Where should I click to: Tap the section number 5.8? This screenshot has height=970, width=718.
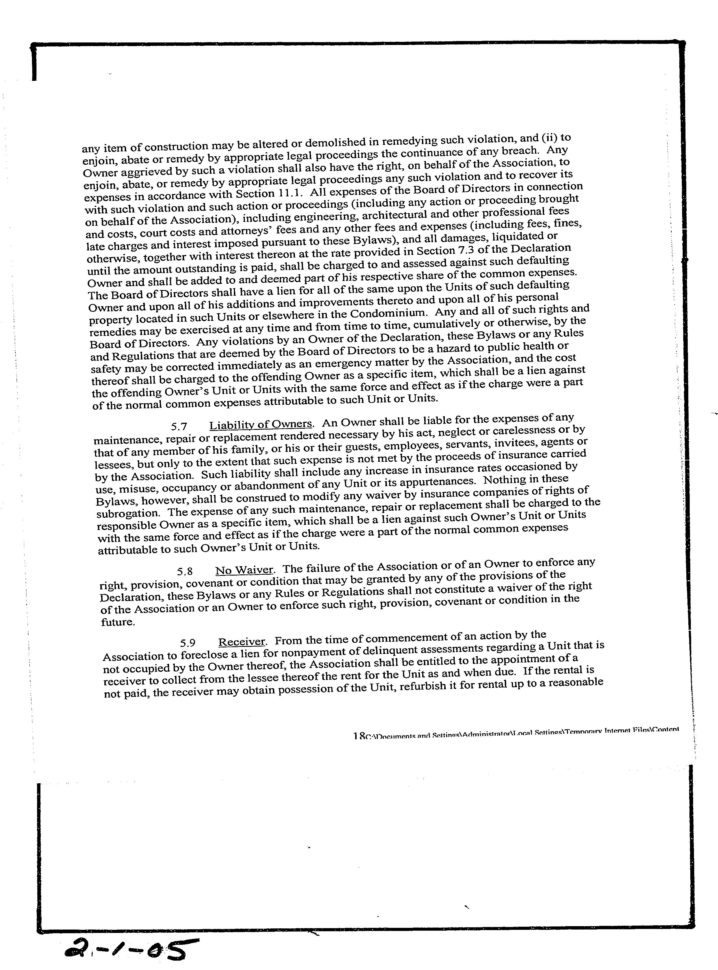[x=185, y=572]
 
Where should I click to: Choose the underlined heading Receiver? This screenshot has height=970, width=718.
[x=242, y=642]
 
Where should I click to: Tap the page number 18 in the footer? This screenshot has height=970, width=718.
[x=359, y=737]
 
